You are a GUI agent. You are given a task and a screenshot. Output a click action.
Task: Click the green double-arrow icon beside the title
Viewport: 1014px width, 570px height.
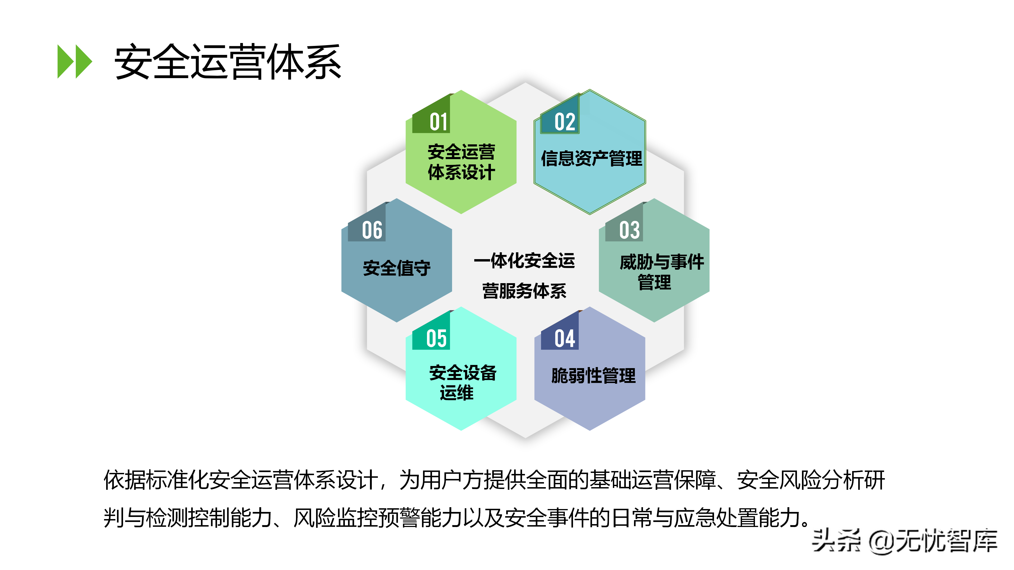click(x=75, y=62)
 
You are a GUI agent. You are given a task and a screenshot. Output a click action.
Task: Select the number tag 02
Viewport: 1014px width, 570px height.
click(x=565, y=122)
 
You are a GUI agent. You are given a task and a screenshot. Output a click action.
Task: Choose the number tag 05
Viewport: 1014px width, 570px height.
click(x=436, y=339)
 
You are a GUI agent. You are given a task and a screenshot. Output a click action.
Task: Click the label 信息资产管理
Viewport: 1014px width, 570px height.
click(x=591, y=159)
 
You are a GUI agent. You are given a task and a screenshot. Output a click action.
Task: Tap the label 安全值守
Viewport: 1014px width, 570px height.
click(x=397, y=268)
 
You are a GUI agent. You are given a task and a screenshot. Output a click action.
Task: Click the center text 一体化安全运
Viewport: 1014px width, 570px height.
click(x=524, y=261)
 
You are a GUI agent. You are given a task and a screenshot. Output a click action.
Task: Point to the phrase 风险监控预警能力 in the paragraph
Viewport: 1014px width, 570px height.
click(x=378, y=518)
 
